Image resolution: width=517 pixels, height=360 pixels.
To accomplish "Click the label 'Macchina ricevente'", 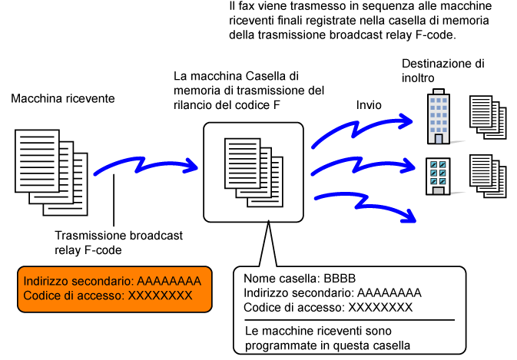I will [x=63, y=99].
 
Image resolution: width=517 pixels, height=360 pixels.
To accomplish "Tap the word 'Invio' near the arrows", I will [x=370, y=104].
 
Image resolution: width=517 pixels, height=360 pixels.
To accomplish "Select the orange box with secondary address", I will [x=114, y=289].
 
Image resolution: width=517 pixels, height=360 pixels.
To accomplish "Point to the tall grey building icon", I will [x=439, y=117].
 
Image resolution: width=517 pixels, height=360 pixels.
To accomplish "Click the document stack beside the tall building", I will [x=489, y=117].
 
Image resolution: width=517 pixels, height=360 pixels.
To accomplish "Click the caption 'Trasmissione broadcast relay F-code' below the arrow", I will [x=119, y=243].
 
